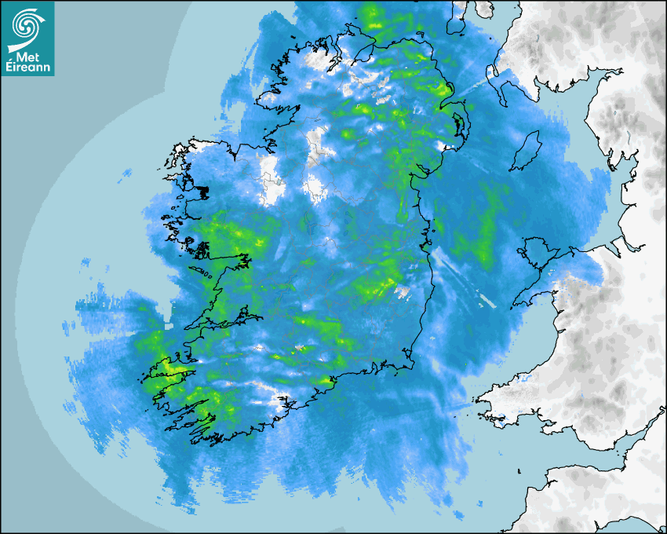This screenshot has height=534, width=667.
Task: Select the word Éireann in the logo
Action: (30, 68)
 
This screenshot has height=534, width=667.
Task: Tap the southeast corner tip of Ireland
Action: (412, 363)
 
